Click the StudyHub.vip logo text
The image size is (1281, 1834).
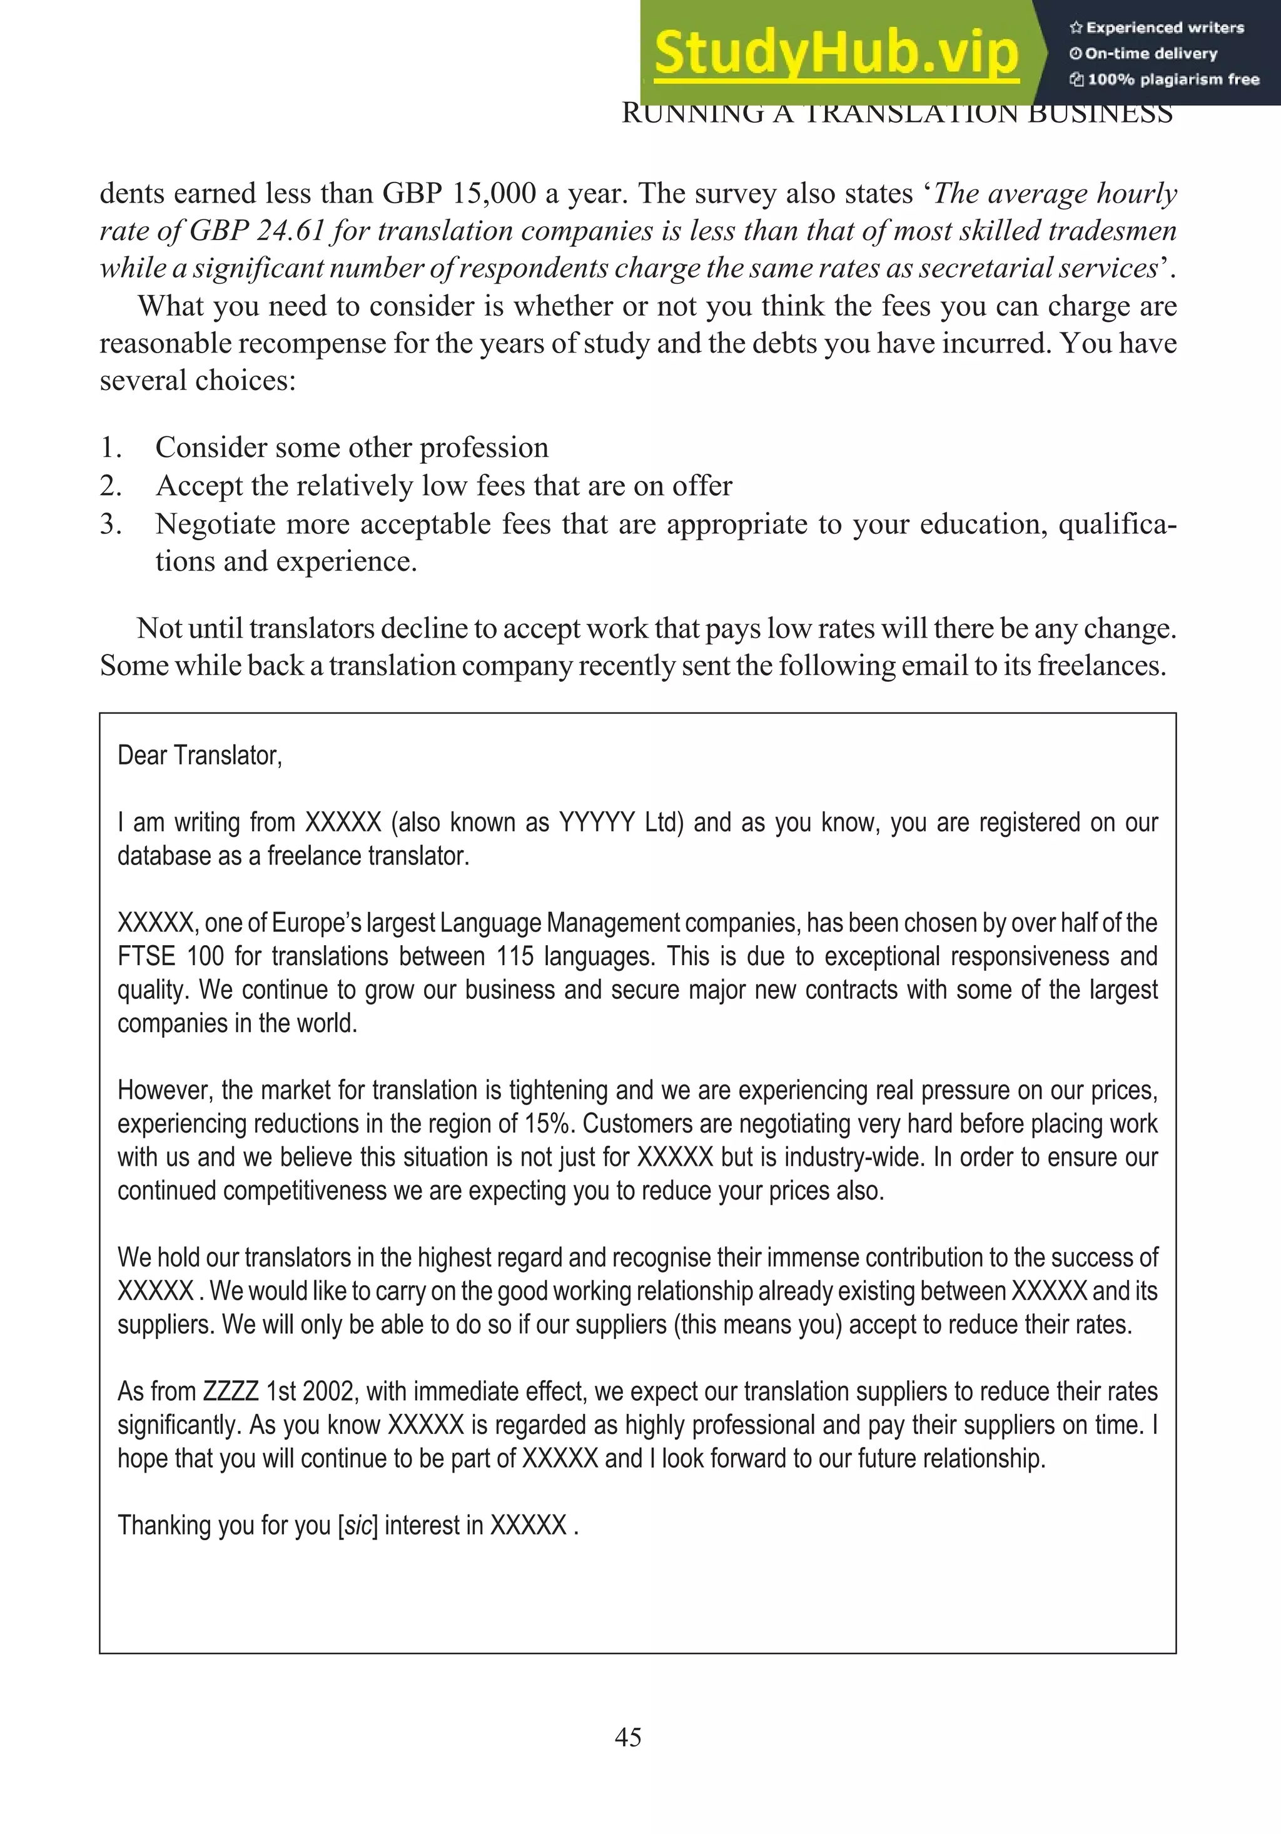[x=836, y=53]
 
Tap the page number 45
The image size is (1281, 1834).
[x=627, y=1736]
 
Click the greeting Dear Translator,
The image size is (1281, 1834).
[x=200, y=755]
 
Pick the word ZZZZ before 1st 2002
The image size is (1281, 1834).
[x=231, y=1391]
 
